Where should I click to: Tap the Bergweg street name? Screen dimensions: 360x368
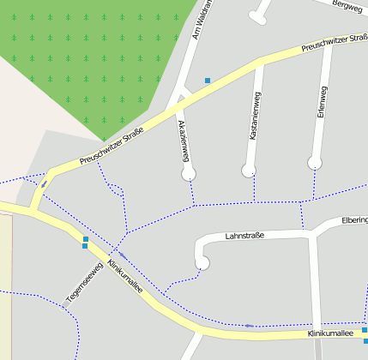[x=347, y=5]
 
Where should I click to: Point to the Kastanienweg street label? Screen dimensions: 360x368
[x=255, y=116]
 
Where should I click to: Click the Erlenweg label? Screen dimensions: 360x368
[x=322, y=100]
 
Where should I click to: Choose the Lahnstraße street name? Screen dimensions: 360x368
[x=244, y=235]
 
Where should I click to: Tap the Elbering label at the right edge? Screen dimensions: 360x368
[x=354, y=220]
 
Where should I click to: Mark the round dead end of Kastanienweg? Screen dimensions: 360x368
[x=249, y=171]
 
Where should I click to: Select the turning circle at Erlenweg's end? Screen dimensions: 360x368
[x=315, y=162]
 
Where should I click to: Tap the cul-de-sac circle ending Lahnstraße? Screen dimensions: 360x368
[x=203, y=263]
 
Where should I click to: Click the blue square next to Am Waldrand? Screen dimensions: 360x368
[x=207, y=81]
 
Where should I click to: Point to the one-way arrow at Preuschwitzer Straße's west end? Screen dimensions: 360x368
[x=44, y=183]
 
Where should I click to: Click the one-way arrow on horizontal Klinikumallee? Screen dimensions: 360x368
[x=249, y=326]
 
